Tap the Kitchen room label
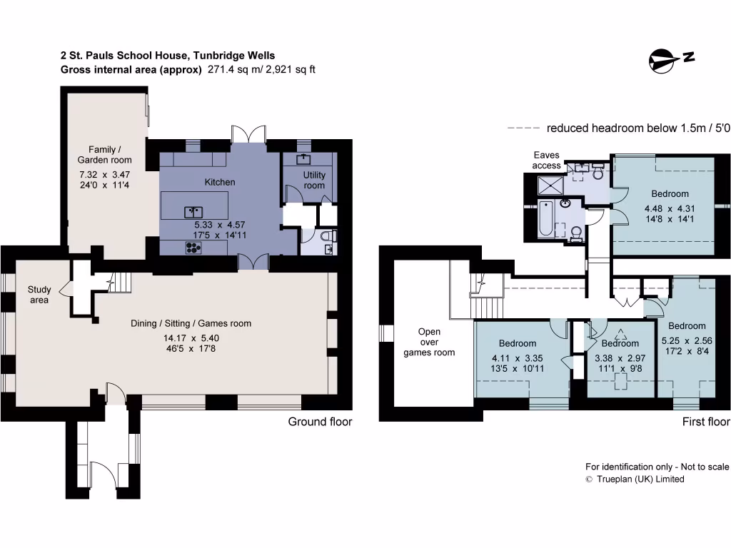click(x=220, y=182)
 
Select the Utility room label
click(x=314, y=180)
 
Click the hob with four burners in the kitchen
click(x=193, y=248)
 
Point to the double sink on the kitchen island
click(x=193, y=211)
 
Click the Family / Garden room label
click(x=105, y=155)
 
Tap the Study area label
click(x=39, y=295)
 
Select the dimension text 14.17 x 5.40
click(x=191, y=338)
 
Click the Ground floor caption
click(x=320, y=422)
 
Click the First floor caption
click(x=705, y=422)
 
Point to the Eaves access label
click(x=547, y=161)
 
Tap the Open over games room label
click(x=429, y=342)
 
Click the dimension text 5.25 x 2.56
click(x=687, y=340)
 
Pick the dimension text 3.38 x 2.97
click(x=619, y=357)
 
